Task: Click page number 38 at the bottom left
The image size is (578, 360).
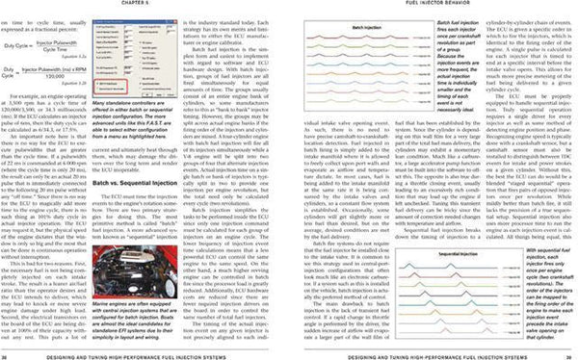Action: click(7, 354)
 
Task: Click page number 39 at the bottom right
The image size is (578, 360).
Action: click(570, 354)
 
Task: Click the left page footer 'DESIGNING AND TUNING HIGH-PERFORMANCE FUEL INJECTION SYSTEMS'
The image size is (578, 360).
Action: click(144, 354)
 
